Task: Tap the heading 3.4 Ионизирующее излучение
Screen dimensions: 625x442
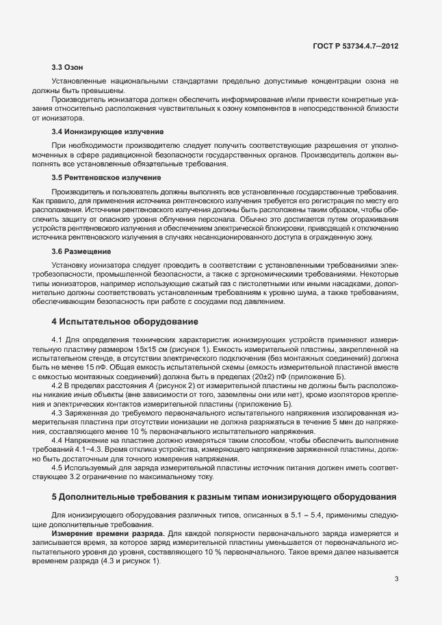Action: [107, 131]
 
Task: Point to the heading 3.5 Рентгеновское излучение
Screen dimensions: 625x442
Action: [106, 177]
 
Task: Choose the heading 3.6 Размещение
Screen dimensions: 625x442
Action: [83, 251]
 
